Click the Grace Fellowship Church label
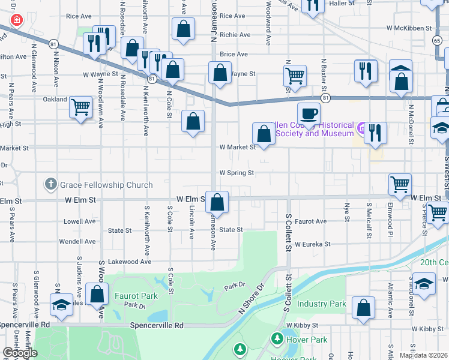[x=106, y=185]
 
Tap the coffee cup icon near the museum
[x=309, y=113]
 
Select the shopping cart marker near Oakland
[x=80, y=107]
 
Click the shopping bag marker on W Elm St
[x=218, y=202]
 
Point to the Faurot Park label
[x=136, y=296]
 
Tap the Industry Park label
[x=321, y=304]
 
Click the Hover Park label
[x=307, y=340]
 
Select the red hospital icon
[x=16, y=20]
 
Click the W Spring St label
[x=237, y=173]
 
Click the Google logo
[x=20, y=353]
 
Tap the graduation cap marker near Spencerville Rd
[x=61, y=305]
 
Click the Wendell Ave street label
[x=77, y=242]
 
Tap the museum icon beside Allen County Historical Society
[x=361, y=128]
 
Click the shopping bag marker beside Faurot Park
[x=97, y=295]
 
